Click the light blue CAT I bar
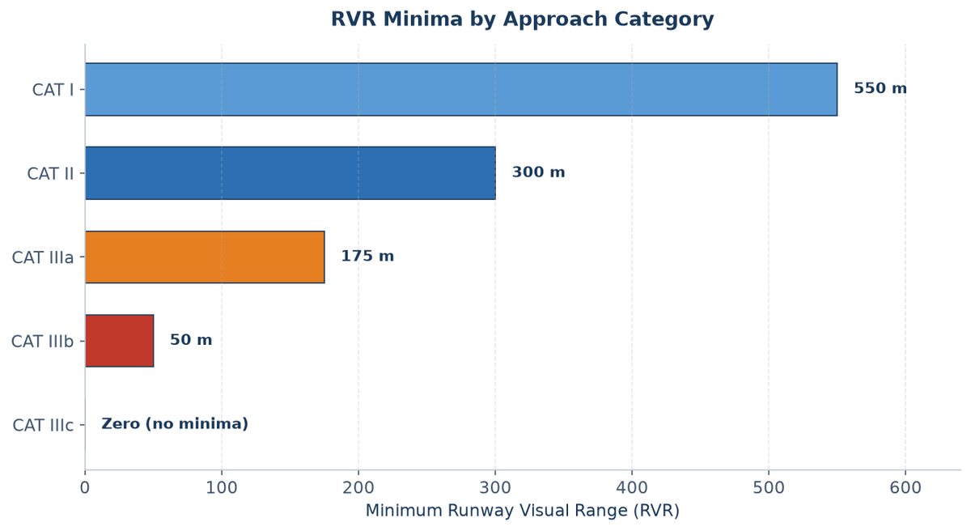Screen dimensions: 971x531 pyautogui.click(x=461, y=89)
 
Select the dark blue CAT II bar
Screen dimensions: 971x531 pyautogui.click(x=290, y=173)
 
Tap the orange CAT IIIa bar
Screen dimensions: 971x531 pyautogui.click(x=205, y=257)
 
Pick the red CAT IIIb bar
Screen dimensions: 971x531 pyautogui.click(x=119, y=341)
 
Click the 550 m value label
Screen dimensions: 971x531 pyautogui.click(x=880, y=88)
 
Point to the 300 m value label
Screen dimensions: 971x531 pyautogui.click(x=538, y=172)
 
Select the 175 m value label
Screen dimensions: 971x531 pyautogui.click(x=367, y=256)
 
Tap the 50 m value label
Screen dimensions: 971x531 pyautogui.click(x=191, y=340)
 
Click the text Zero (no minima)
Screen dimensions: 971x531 pyautogui.click(x=175, y=424)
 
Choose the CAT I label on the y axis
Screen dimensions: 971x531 pyautogui.click(x=53, y=90)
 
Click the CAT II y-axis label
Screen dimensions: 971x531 pyautogui.click(x=50, y=174)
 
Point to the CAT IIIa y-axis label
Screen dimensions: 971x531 pyautogui.click(x=43, y=258)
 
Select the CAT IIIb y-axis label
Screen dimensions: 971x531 pyautogui.click(x=42, y=342)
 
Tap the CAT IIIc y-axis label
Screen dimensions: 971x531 pyautogui.click(x=43, y=426)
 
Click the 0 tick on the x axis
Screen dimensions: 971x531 pyautogui.click(x=84, y=488)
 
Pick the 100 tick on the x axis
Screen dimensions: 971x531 pyautogui.click(x=222, y=488)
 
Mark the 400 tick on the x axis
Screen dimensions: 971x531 pyautogui.click(x=632, y=488)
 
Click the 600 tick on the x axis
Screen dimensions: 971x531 pyautogui.click(x=905, y=488)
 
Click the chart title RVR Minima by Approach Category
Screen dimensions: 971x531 pyautogui.click(x=523, y=19)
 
